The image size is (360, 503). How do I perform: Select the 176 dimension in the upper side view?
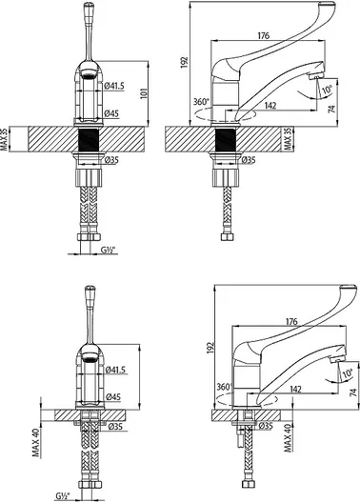264,35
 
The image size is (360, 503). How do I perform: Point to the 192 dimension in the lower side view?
210,348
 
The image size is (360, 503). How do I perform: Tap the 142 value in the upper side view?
270,105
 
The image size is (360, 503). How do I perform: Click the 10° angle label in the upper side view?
327,89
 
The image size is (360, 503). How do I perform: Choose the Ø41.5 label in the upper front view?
114,86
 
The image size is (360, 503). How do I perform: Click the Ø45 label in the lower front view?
112,397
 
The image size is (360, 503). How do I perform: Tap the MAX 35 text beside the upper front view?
4,138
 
